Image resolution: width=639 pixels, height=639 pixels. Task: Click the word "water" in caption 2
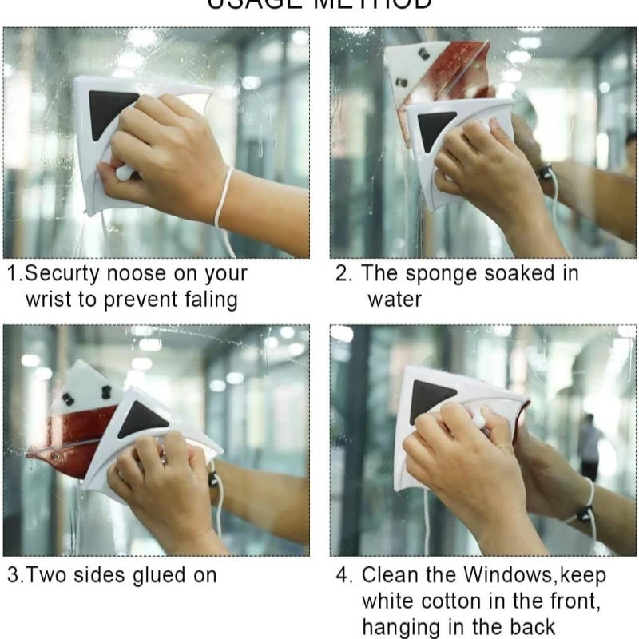tap(395, 300)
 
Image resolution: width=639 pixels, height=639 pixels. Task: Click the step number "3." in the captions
tap(15, 575)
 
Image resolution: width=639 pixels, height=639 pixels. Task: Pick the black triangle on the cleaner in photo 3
tap(142, 419)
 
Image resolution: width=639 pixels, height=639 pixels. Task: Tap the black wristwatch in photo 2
tap(546, 172)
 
